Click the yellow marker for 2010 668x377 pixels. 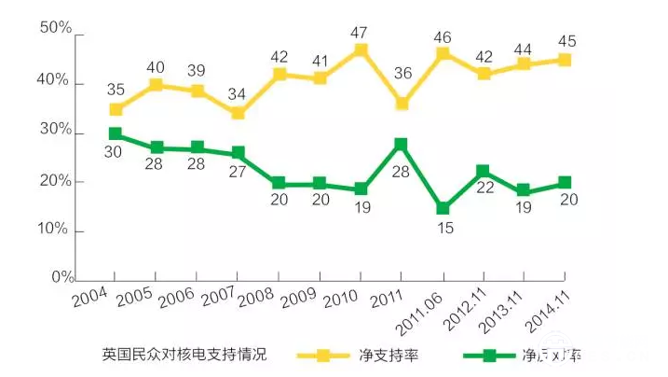point(361,50)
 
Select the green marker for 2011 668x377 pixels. point(401,144)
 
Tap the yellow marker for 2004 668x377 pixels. point(116,109)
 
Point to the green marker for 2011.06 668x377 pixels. point(443,209)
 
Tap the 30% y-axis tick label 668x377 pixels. point(55,131)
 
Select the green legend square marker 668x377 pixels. point(496,356)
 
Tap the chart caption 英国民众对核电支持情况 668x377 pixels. point(184,355)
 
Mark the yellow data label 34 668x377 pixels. point(238,93)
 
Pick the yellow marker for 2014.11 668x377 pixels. point(564,61)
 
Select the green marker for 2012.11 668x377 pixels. point(483,172)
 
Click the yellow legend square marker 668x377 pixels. point(323,356)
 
